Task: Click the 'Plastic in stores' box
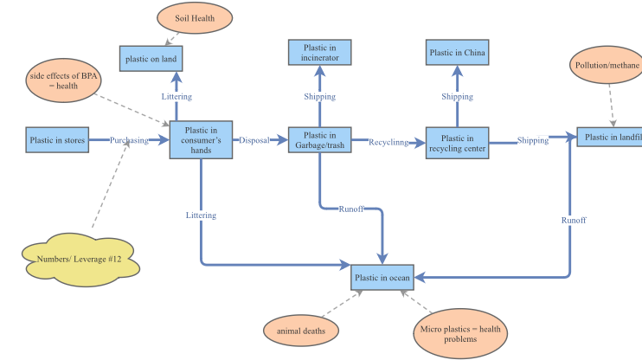coord(58,139)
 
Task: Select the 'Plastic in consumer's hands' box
coord(202,140)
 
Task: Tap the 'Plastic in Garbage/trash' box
coord(320,140)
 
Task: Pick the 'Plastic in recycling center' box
coord(457,144)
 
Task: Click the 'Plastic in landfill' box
coord(610,137)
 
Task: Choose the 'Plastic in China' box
coord(457,53)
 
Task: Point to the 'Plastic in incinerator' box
coord(320,53)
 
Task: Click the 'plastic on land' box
coord(151,58)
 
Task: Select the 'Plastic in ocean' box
coord(382,278)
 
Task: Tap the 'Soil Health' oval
coord(195,18)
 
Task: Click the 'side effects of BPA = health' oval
coord(61,80)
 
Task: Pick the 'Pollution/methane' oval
coord(607,66)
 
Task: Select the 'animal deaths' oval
coord(301,331)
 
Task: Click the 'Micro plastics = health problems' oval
coord(460,334)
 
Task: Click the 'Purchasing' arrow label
coord(129,140)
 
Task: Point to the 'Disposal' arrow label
coord(254,139)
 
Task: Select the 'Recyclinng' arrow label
coord(388,141)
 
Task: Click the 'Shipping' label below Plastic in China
coord(457,97)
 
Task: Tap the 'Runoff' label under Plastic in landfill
coord(573,221)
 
